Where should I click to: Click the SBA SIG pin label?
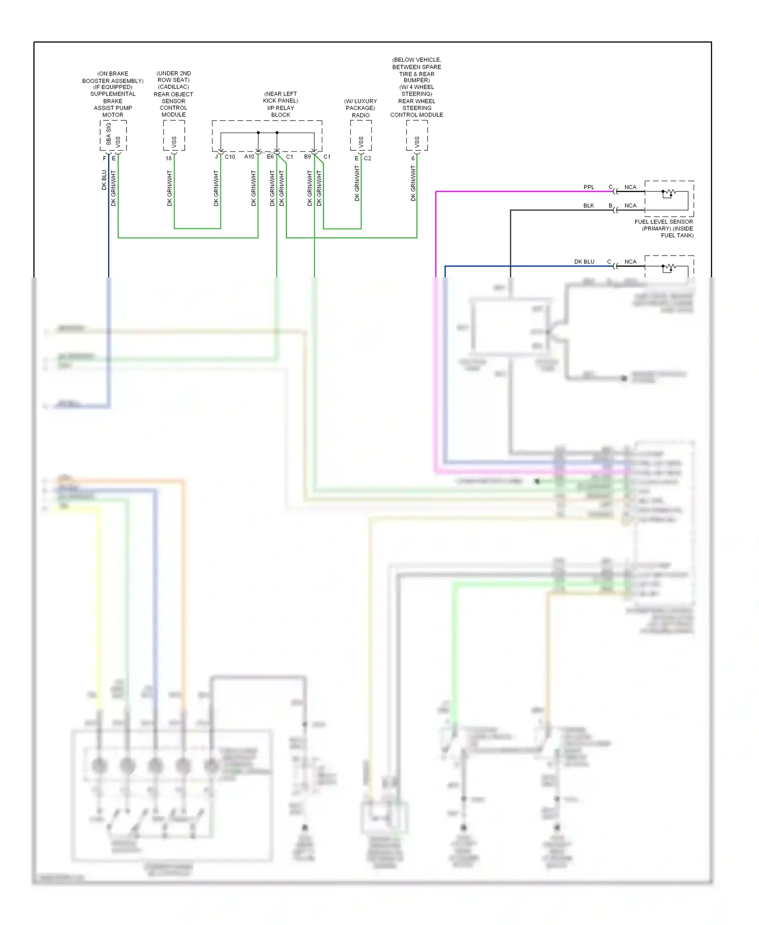(108, 134)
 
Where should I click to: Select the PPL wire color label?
(588, 187)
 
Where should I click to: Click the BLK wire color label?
(588, 206)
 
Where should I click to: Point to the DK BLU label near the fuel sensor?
(584, 262)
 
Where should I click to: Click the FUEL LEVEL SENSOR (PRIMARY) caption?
(664, 228)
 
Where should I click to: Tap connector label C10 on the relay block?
(230, 157)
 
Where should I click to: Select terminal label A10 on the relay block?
(249, 157)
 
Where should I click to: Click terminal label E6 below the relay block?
(270, 157)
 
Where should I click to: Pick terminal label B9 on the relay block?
(307, 157)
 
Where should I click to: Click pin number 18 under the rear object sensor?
(168, 158)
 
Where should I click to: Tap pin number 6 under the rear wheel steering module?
(413, 158)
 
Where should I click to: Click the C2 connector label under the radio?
(368, 158)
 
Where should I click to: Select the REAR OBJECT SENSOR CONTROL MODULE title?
(174, 104)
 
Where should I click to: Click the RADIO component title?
(361, 115)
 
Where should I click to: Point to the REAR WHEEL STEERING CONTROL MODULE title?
(416, 108)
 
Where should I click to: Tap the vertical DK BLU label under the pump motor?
(104, 180)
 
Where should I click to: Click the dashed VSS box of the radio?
(361, 136)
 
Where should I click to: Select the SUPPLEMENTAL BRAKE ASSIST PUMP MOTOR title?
(113, 104)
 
